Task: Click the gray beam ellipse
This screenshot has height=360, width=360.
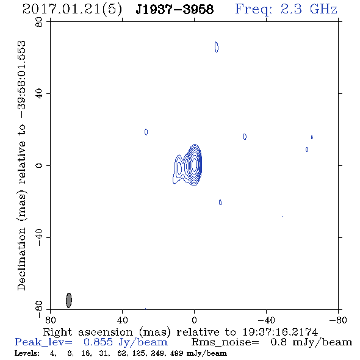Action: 69,300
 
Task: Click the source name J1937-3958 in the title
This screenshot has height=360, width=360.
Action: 175,9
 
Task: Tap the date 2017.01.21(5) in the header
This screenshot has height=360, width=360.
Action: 72,10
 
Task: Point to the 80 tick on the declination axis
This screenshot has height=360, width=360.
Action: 39,22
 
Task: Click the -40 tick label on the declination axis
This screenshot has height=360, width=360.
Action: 39,237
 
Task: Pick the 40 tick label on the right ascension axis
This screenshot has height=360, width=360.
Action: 123,320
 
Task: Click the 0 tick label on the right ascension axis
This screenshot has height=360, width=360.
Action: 194,320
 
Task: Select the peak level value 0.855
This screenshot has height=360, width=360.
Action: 98,342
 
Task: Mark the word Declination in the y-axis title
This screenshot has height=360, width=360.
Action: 21,259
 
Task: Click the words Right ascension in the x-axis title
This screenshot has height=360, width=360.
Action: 88,332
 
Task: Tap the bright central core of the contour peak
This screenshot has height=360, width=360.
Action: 195,164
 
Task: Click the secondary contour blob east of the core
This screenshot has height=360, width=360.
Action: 179,168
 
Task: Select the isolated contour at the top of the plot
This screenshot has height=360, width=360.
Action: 217,47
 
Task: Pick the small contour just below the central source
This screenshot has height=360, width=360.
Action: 220,202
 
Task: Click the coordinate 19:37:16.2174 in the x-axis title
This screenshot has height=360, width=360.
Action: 280,332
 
